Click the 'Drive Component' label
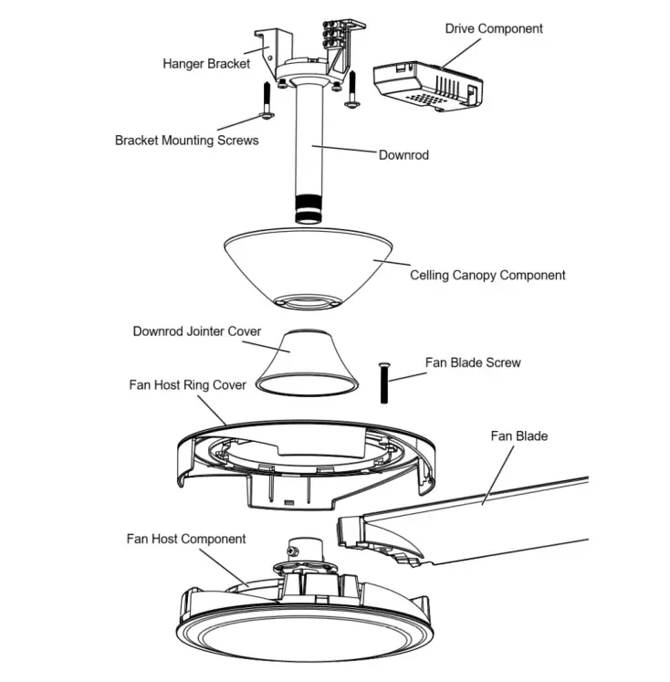493,28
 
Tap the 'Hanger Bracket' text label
206,64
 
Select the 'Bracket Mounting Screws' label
186,141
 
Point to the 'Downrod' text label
403,154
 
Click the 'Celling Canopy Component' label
487,275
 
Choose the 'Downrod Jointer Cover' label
197,331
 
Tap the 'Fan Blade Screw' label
473,362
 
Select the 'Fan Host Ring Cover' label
187,384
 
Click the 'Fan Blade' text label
519,435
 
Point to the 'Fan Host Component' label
186,539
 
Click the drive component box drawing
429,85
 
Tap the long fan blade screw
384,382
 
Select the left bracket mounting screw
266,100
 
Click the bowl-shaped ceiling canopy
310,265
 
